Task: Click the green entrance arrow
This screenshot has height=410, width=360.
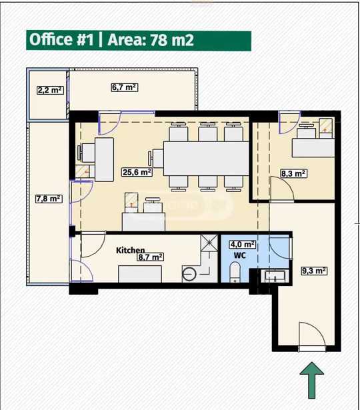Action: tap(311, 380)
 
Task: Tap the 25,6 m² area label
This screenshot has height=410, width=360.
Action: tap(137, 172)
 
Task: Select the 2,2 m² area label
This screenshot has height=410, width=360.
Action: tap(50, 90)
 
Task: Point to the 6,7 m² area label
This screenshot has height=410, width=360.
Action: tap(125, 87)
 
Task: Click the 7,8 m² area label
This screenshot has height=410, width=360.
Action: tap(49, 199)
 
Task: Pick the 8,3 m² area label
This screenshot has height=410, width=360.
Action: tap(293, 173)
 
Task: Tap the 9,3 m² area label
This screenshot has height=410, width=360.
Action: tap(314, 271)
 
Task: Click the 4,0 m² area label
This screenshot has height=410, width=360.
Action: tap(243, 245)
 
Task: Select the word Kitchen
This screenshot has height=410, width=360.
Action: tap(130, 250)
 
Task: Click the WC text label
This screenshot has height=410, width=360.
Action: tap(240, 255)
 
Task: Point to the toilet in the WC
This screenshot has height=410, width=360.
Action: tap(235, 272)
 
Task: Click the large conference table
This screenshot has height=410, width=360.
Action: tap(206, 159)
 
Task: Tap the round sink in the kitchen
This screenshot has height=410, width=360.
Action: tap(189, 274)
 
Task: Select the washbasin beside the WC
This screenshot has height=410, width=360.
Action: tap(275, 276)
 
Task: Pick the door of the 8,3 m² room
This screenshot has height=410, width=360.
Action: tap(283, 189)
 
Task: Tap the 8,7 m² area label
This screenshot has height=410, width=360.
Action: tap(151, 257)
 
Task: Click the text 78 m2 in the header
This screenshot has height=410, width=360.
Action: tap(172, 40)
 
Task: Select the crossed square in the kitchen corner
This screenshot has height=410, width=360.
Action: tap(209, 243)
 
